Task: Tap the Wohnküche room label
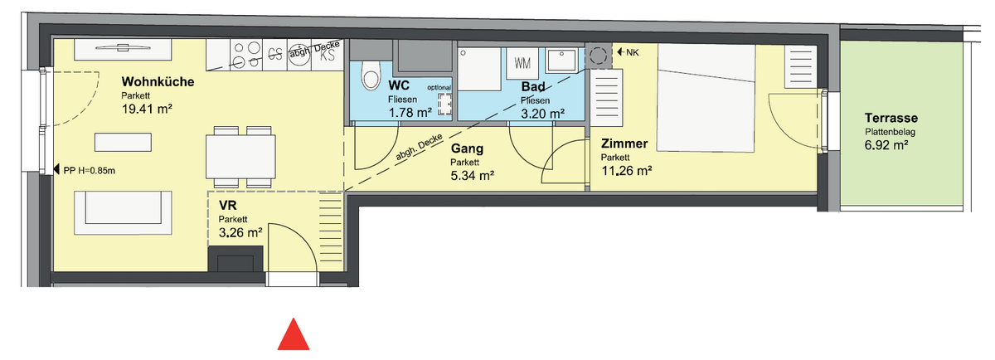(158, 82)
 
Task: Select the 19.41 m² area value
(146, 108)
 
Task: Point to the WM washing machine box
(522, 63)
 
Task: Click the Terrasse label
(891, 119)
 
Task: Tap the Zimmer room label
(625, 144)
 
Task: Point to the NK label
(633, 53)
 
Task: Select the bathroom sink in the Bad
(564, 61)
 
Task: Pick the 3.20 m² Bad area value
(542, 114)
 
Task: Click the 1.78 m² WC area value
(410, 113)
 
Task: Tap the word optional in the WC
(439, 86)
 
